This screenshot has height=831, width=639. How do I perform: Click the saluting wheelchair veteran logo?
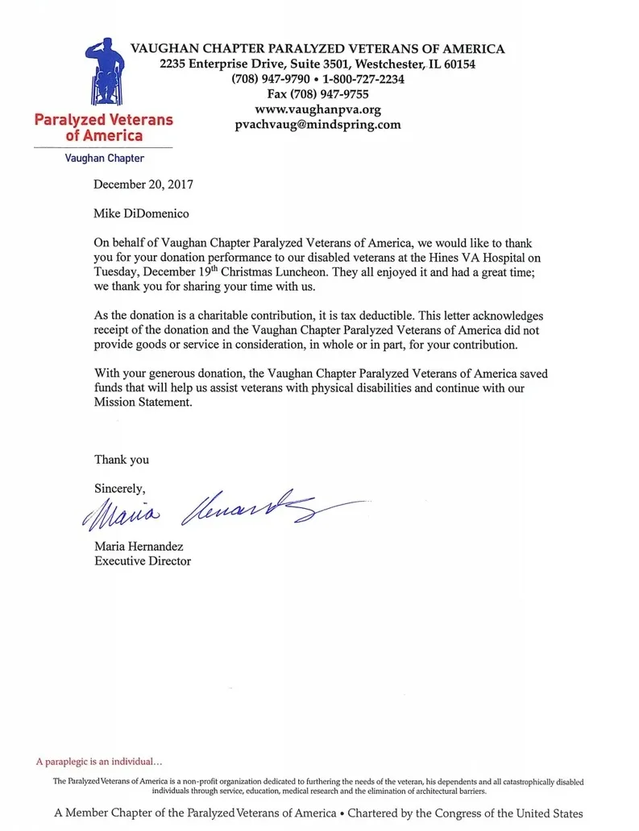click(105, 71)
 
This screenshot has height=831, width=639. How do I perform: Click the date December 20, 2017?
click(143, 184)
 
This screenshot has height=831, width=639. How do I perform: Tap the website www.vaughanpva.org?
click(317, 110)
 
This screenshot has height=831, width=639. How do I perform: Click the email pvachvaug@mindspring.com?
click(317, 125)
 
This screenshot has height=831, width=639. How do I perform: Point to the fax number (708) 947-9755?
click(317, 94)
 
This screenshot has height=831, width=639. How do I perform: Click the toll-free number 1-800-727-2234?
click(363, 79)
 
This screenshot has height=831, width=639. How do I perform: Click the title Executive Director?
click(143, 560)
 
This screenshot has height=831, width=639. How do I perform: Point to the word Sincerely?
click(120, 488)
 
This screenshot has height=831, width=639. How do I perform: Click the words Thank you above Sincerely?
click(122, 459)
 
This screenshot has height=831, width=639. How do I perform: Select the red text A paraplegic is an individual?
click(99, 761)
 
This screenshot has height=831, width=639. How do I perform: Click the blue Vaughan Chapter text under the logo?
click(105, 159)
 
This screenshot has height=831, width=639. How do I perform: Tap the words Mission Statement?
click(143, 403)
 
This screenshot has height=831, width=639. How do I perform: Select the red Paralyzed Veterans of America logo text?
click(104, 127)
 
